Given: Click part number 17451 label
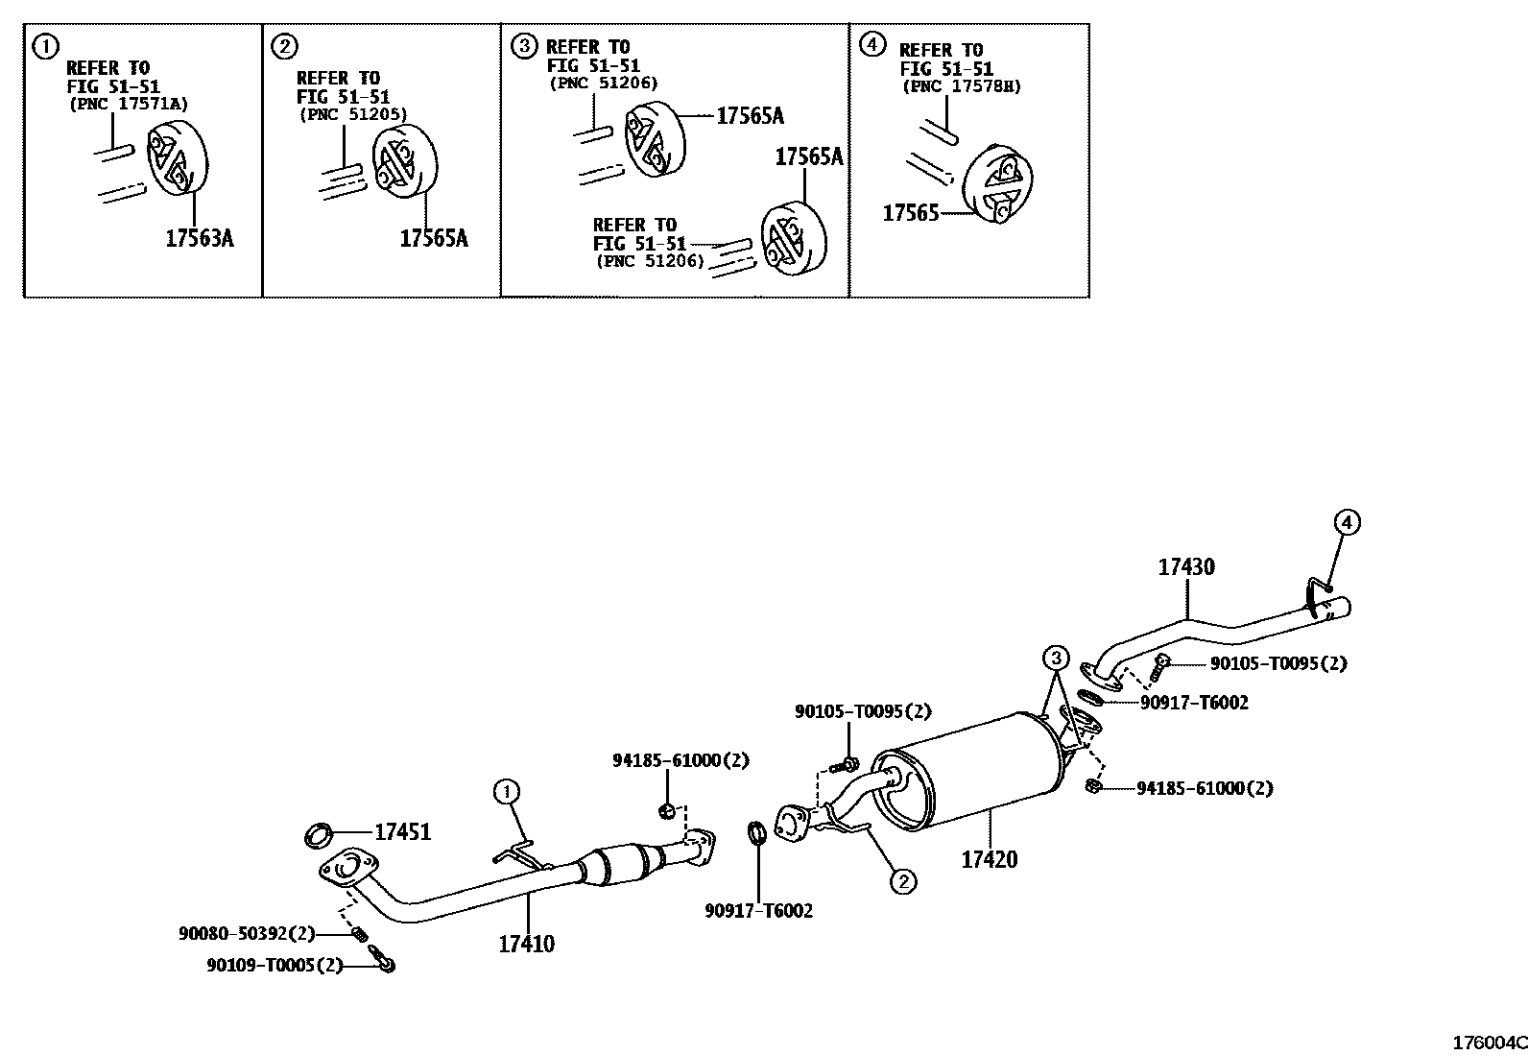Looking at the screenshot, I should [402, 832].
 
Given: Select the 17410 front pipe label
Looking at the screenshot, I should [526, 944].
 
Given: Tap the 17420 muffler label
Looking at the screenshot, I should [990, 858].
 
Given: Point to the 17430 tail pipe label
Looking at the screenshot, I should [1186, 566].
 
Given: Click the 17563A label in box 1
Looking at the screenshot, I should [199, 238].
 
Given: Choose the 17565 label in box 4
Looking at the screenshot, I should [910, 213].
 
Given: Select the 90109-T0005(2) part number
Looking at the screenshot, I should [274, 965].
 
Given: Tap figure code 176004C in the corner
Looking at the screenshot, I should [1488, 1043].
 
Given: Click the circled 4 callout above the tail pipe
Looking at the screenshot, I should [1347, 523].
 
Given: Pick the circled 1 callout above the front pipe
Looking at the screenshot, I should [506, 792].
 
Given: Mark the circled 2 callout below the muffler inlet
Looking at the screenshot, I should [902, 880].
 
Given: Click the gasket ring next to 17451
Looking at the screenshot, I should [319, 835].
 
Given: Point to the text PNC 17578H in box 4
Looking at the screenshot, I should [961, 86].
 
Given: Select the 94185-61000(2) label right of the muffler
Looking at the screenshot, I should [1204, 788].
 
